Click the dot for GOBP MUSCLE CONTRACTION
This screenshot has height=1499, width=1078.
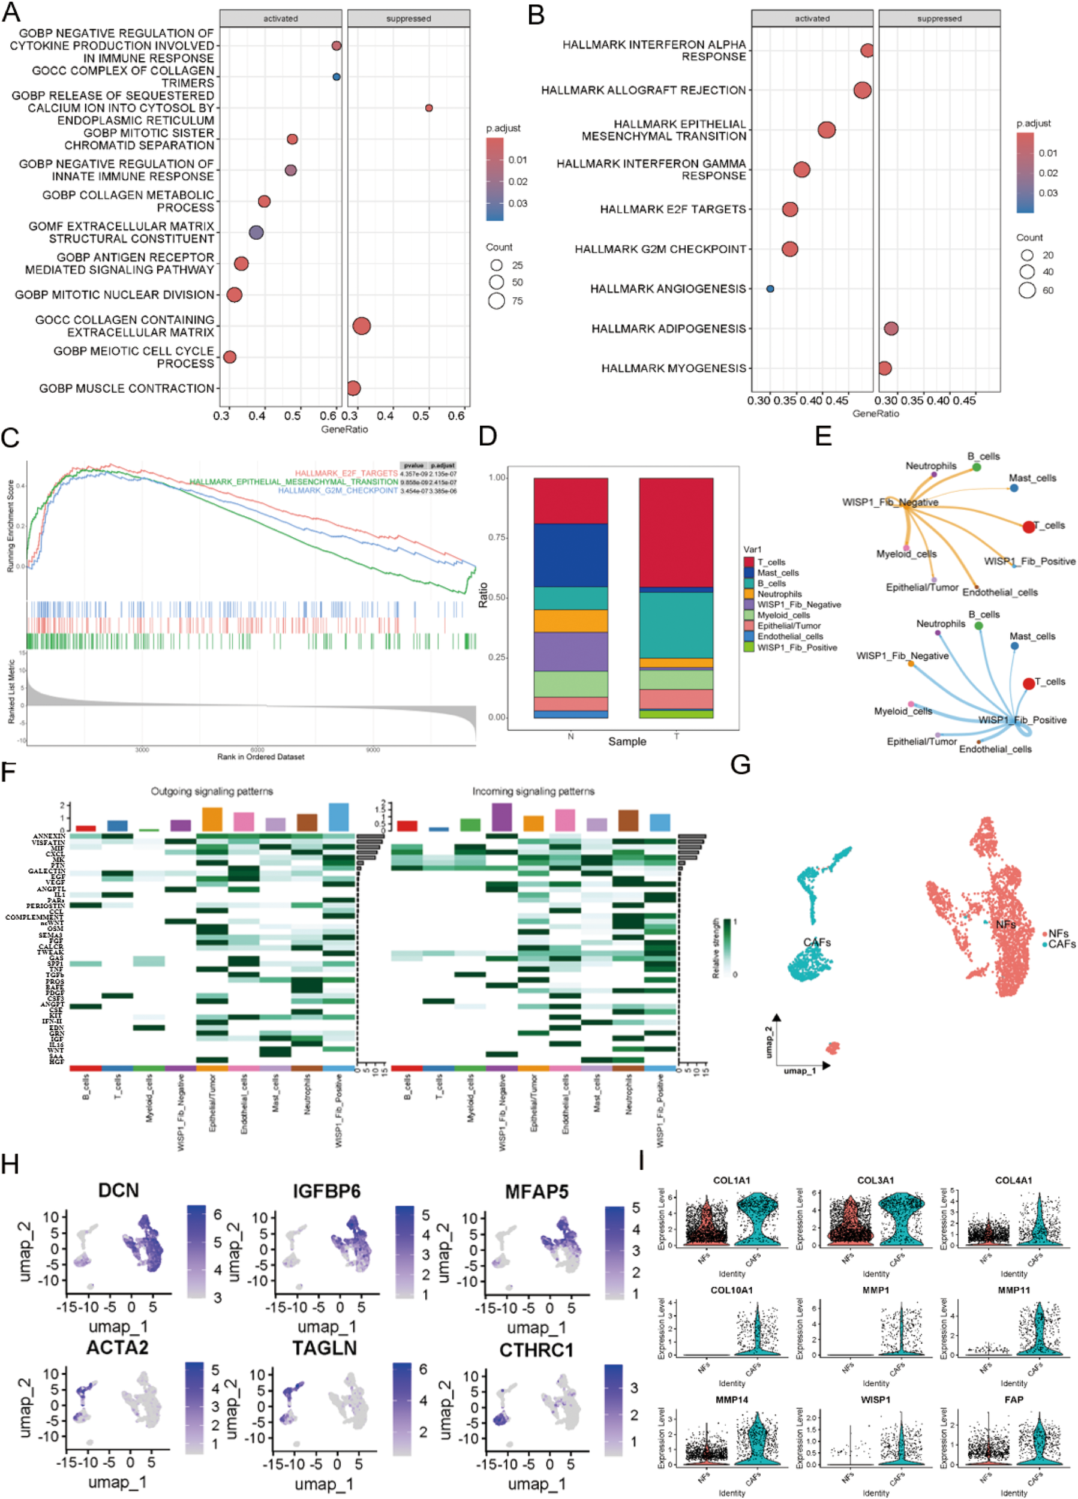[x=353, y=388]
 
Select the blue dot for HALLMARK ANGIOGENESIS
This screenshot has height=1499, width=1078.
[x=770, y=289]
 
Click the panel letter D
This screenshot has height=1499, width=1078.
[x=488, y=437]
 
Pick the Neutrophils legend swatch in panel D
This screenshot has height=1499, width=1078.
[x=749, y=594]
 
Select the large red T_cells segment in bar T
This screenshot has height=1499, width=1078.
[x=676, y=532]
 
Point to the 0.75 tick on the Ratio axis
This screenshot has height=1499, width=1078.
[x=497, y=538]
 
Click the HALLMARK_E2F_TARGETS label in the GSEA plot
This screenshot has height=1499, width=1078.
[x=346, y=473]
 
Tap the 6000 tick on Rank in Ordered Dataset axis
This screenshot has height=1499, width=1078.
[x=257, y=749]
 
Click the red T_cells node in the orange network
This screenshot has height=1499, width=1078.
[x=1028, y=527]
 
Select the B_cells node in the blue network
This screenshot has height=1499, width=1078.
[x=978, y=625]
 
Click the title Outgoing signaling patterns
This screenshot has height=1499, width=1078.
[x=212, y=791]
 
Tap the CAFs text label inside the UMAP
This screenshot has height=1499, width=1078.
[x=817, y=943]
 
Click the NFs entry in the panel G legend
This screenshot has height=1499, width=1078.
[x=1058, y=933]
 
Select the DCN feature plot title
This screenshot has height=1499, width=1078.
[x=118, y=1190]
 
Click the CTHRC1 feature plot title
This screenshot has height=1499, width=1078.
[x=536, y=1350]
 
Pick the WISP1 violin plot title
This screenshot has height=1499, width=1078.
[x=875, y=1399]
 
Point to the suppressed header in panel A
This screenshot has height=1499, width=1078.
[x=408, y=19]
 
